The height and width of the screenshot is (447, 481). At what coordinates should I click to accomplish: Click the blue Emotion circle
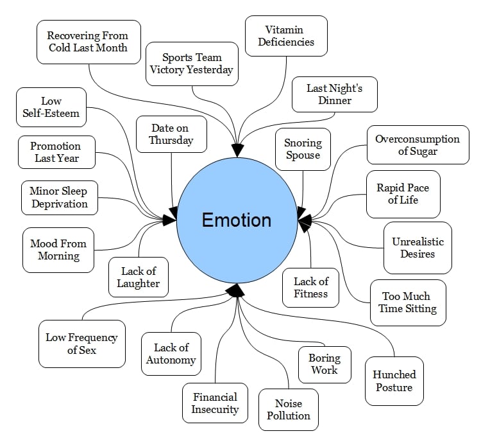tap(237, 193)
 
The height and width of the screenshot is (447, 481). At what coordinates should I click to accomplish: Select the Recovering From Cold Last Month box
tap(88, 42)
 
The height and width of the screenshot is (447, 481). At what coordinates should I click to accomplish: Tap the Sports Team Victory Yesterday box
tap(192, 64)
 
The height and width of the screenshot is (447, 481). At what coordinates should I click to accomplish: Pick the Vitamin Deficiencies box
tap(286, 36)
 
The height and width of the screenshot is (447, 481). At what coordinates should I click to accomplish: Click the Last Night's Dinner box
tap(334, 94)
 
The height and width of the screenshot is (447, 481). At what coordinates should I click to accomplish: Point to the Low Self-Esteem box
tap(51, 107)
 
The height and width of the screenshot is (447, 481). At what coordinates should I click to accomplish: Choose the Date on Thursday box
tap(171, 134)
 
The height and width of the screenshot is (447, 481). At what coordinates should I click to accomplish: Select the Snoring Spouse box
tap(303, 150)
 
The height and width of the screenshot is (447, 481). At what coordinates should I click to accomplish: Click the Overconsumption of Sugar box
tap(417, 145)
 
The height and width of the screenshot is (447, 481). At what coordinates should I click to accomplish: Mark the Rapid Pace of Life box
tap(403, 194)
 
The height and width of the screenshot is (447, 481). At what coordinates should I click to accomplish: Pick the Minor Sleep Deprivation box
tap(59, 197)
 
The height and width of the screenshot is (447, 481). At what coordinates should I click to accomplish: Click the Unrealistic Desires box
tap(418, 248)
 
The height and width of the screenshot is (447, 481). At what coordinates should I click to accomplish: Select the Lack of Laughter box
tap(138, 277)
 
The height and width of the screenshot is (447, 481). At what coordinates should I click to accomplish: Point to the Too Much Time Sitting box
tap(409, 302)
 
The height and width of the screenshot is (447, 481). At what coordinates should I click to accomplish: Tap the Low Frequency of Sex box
tap(81, 344)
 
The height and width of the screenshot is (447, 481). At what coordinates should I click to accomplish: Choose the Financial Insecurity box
tap(215, 403)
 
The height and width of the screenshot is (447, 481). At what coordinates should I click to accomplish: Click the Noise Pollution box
tap(289, 410)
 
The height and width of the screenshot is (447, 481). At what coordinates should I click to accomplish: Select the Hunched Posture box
tap(394, 381)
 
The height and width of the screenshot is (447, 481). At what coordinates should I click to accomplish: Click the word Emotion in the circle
tap(237, 220)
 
